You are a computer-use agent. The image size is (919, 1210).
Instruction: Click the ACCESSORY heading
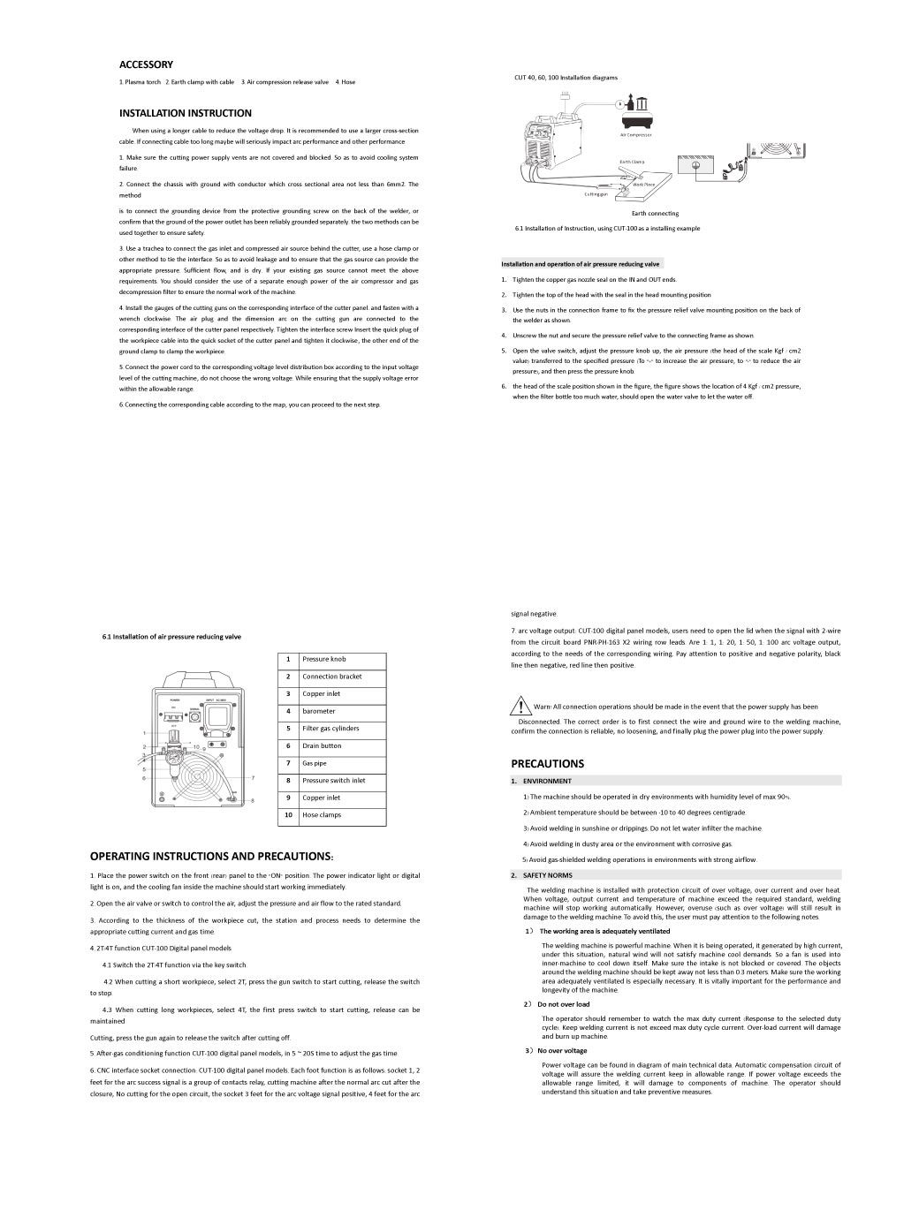[x=146, y=64]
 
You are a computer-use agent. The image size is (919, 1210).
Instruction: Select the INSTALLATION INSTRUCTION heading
[x=186, y=113]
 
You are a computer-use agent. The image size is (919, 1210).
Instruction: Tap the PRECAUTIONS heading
[x=547, y=764]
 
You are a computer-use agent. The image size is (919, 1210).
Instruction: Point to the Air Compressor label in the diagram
[x=635, y=135]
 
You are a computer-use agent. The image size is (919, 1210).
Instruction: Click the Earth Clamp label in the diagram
[x=632, y=162]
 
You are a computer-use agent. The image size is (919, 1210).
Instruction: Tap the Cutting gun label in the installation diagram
[x=596, y=194]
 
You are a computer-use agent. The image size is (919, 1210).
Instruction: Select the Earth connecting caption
[x=655, y=214]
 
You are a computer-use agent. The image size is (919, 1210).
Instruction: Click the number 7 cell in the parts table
[x=288, y=763]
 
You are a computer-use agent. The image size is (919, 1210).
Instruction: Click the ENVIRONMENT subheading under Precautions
[x=547, y=781]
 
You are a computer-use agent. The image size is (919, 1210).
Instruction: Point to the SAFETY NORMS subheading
[x=549, y=876]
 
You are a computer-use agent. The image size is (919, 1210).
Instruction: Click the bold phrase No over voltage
[x=561, y=1051]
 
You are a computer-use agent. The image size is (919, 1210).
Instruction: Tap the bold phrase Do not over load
[x=563, y=1004]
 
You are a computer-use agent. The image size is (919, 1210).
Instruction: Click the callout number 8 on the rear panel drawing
[x=253, y=800]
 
